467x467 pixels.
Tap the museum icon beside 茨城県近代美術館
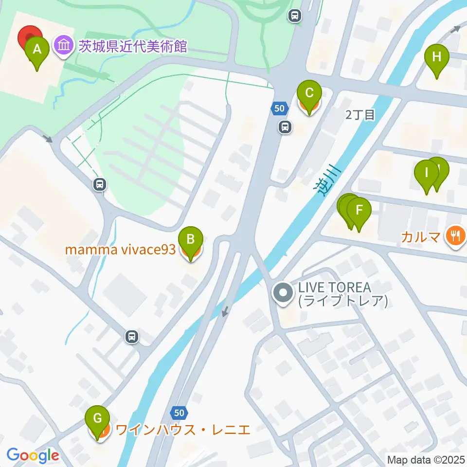point(64,47)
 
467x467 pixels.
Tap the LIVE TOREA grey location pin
point(283,293)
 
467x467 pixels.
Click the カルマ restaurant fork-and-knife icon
point(456,237)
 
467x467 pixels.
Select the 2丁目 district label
point(360,115)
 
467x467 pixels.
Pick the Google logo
point(33,456)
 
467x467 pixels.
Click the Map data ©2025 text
point(426,459)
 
